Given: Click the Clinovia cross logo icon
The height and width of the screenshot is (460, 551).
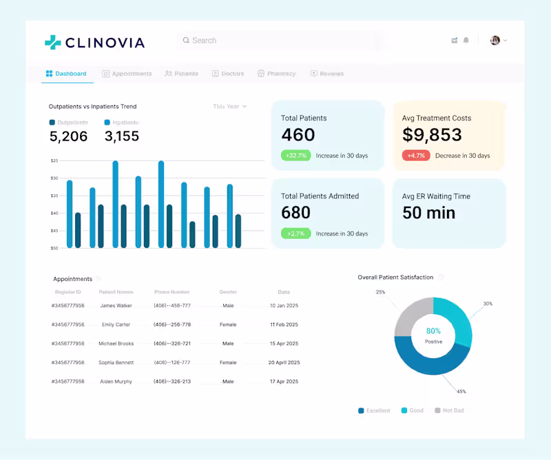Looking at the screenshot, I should [x=53, y=42].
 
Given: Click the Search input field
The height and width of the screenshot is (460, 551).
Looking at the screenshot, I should [x=275, y=41].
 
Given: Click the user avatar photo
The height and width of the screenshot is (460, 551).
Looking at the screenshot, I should [x=495, y=41].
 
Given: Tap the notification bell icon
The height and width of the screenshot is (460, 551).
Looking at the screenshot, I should [x=466, y=41].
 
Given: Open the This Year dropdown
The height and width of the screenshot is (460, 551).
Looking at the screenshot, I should [x=229, y=107].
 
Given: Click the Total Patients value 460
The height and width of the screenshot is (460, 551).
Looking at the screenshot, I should [x=298, y=135].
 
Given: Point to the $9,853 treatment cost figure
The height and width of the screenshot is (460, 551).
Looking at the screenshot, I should [x=432, y=135].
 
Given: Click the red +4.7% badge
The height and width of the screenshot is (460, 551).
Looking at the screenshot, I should [x=415, y=156].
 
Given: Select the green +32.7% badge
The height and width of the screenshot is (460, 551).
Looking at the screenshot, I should [x=295, y=156].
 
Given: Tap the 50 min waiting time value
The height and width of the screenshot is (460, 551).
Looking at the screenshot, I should [x=428, y=213].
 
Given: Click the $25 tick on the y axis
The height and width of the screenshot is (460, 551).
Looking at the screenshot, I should [x=54, y=160].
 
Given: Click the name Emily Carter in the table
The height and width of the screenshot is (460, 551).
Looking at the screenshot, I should [x=116, y=324].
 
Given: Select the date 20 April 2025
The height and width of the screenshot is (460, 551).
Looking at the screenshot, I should [x=283, y=362].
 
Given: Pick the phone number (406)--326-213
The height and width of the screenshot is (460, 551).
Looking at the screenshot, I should [x=171, y=381].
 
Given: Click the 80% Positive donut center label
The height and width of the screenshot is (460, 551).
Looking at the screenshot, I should [x=433, y=335].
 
